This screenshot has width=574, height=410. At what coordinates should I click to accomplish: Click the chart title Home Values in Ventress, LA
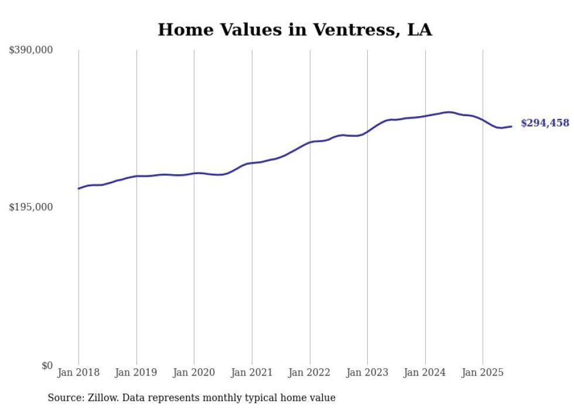(295, 30)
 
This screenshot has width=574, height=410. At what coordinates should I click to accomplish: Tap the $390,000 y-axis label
(31, 50)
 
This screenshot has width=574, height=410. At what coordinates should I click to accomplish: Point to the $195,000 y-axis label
(31, 207)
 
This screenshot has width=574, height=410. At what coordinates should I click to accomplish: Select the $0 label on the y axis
(47, 365)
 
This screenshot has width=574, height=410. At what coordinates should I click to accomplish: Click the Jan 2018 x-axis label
(78, 372)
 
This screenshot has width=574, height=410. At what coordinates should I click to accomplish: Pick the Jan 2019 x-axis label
(136, 372)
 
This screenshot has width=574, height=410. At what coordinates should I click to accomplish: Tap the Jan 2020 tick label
(194, 372)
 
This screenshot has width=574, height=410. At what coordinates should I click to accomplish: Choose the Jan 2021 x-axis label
(252, 372)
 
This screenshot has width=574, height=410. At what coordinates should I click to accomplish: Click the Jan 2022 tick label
(310, 372)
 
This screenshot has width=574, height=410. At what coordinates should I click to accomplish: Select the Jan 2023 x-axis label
(367, 372)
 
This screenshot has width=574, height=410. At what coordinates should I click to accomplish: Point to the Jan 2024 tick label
(425, 372)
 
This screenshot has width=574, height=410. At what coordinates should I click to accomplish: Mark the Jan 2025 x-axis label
(483, 372)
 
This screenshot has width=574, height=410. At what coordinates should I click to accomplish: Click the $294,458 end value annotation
(545, 123)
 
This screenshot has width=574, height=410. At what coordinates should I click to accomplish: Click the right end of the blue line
(512, 126)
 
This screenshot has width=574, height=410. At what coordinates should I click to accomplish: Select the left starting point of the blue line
(78, 188)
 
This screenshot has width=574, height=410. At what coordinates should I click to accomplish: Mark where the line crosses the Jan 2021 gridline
(252, 163)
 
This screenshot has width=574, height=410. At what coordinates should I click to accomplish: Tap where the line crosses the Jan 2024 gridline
(425, 116)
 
